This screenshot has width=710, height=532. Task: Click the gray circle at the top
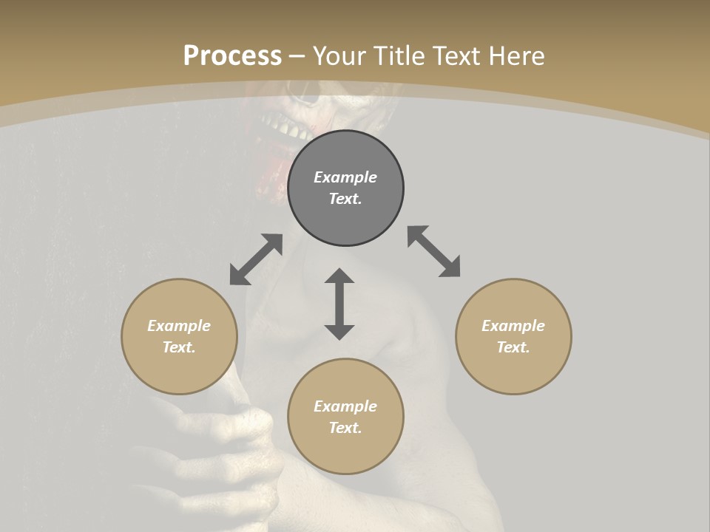click(x=345, y=188)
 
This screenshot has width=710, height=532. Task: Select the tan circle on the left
click(x=179, y=336)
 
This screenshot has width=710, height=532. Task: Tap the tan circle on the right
click(x=513, y=336)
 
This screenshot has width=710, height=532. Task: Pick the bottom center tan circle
click(x=345, y=417)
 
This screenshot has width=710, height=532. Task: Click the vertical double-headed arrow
click(x=339, y=304)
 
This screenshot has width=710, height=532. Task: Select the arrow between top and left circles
click(x=256, y=259)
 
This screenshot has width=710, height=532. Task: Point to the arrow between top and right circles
click(x=434, y=251)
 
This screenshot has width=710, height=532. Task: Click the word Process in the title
click(x=232, y=55)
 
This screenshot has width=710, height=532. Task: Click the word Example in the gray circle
click(x=345, y=177)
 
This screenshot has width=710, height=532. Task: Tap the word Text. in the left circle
click(x=179, y=347)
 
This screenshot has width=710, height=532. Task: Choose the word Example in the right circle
click(x=513, y=326)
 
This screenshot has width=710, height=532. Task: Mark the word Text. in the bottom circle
click(x=345, y=428)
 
